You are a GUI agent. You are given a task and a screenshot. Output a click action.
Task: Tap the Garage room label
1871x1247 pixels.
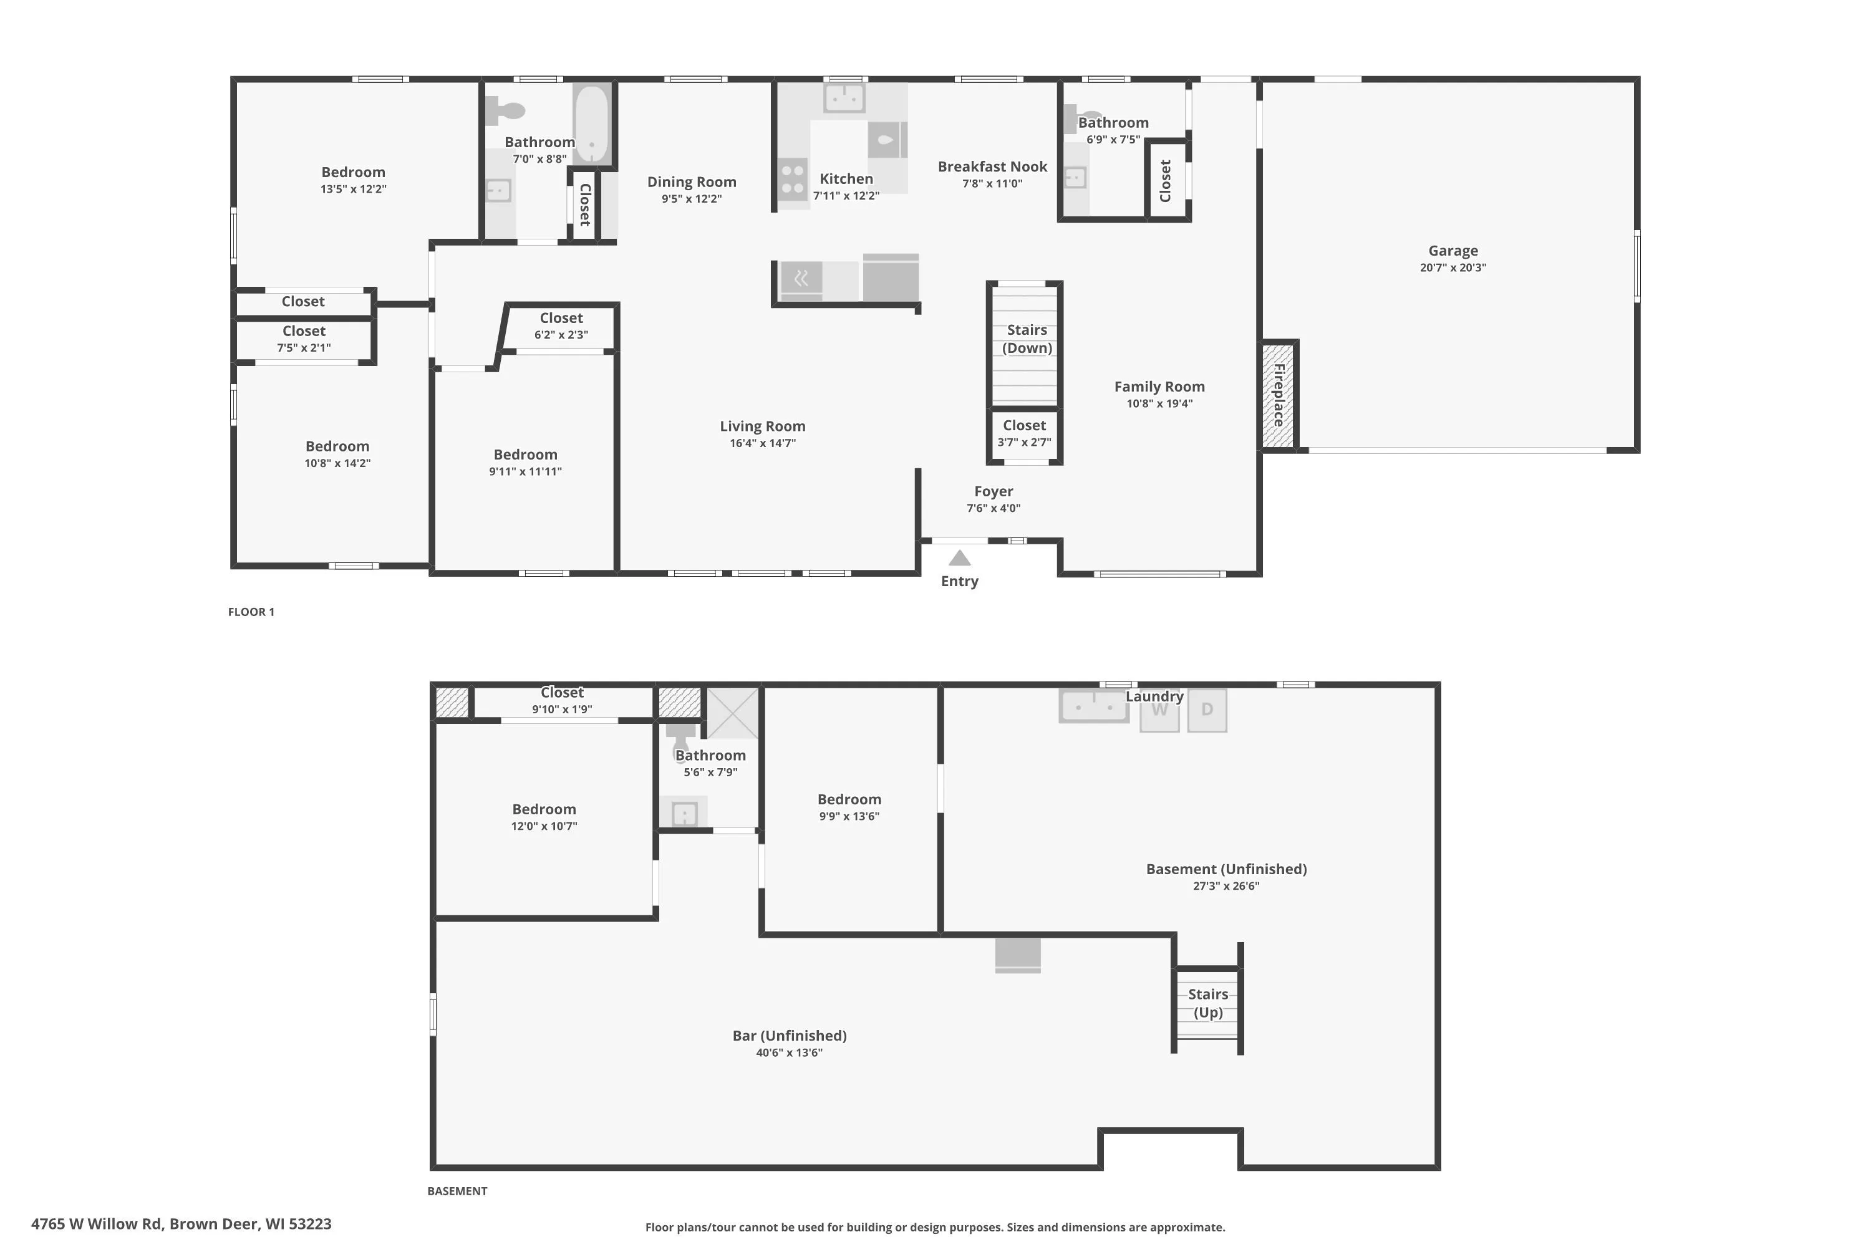coord(1453,251)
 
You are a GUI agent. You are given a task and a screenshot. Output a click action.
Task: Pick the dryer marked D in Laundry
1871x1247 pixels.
coord(1207,710)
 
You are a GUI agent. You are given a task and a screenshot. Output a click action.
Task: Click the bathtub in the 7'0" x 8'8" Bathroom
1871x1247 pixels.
coord(591,123)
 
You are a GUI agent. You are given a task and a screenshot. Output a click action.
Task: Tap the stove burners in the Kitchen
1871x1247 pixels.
coord(792,180)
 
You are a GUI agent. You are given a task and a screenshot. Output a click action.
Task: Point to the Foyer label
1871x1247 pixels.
coord(994,491)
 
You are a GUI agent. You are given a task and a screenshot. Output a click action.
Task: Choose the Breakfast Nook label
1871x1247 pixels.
coord(992,166)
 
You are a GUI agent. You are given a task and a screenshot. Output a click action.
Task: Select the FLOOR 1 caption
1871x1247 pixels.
coord(251,612)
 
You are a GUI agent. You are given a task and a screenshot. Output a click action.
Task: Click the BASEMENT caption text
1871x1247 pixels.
coord(457,1190)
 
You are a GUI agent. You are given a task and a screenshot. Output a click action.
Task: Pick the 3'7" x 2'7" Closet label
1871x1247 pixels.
coord(1024,433)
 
